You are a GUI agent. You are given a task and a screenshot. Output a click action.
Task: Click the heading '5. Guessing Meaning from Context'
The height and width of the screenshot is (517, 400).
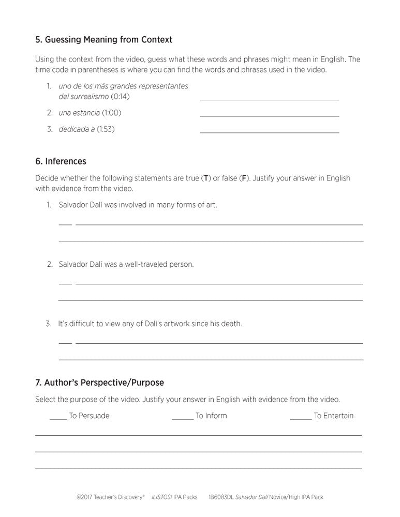[x=103, y=39]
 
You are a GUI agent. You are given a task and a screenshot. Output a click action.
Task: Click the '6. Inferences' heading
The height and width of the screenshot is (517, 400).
[x=61, y=161]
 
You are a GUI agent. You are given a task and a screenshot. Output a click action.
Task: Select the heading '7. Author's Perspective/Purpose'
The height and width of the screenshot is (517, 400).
[x=99, y=383]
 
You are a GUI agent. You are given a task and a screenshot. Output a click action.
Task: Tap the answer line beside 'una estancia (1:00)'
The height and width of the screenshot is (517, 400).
[x=269, y=115]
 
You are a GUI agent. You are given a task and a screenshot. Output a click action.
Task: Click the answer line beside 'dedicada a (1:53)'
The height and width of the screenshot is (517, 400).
[x=269, y=132]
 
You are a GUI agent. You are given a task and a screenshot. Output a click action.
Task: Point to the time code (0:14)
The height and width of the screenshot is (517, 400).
[x=120, y=97]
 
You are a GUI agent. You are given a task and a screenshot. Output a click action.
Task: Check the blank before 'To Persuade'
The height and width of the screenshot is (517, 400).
[x=58, y=418]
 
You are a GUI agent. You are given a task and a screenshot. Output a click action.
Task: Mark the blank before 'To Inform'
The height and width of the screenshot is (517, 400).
[x=182, y=418]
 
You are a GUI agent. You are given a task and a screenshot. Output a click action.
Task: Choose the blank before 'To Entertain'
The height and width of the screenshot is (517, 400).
[x=301, y=418]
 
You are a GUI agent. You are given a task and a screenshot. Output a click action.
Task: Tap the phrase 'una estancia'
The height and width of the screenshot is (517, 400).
[x=79, y=113]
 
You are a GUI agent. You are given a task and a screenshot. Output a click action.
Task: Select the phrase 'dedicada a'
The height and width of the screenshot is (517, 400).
[x=77, y=129]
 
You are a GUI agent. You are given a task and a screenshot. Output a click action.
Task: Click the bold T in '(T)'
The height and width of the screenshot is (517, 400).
[x=206, y=178]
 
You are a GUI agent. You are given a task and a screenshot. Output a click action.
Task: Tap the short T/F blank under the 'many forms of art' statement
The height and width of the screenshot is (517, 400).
[x=65, y=224]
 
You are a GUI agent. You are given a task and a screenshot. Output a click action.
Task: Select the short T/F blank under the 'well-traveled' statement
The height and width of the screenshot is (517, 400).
[x=65, y=283]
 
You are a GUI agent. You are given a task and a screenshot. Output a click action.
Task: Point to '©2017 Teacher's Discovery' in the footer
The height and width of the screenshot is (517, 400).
[x=110, y=497]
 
